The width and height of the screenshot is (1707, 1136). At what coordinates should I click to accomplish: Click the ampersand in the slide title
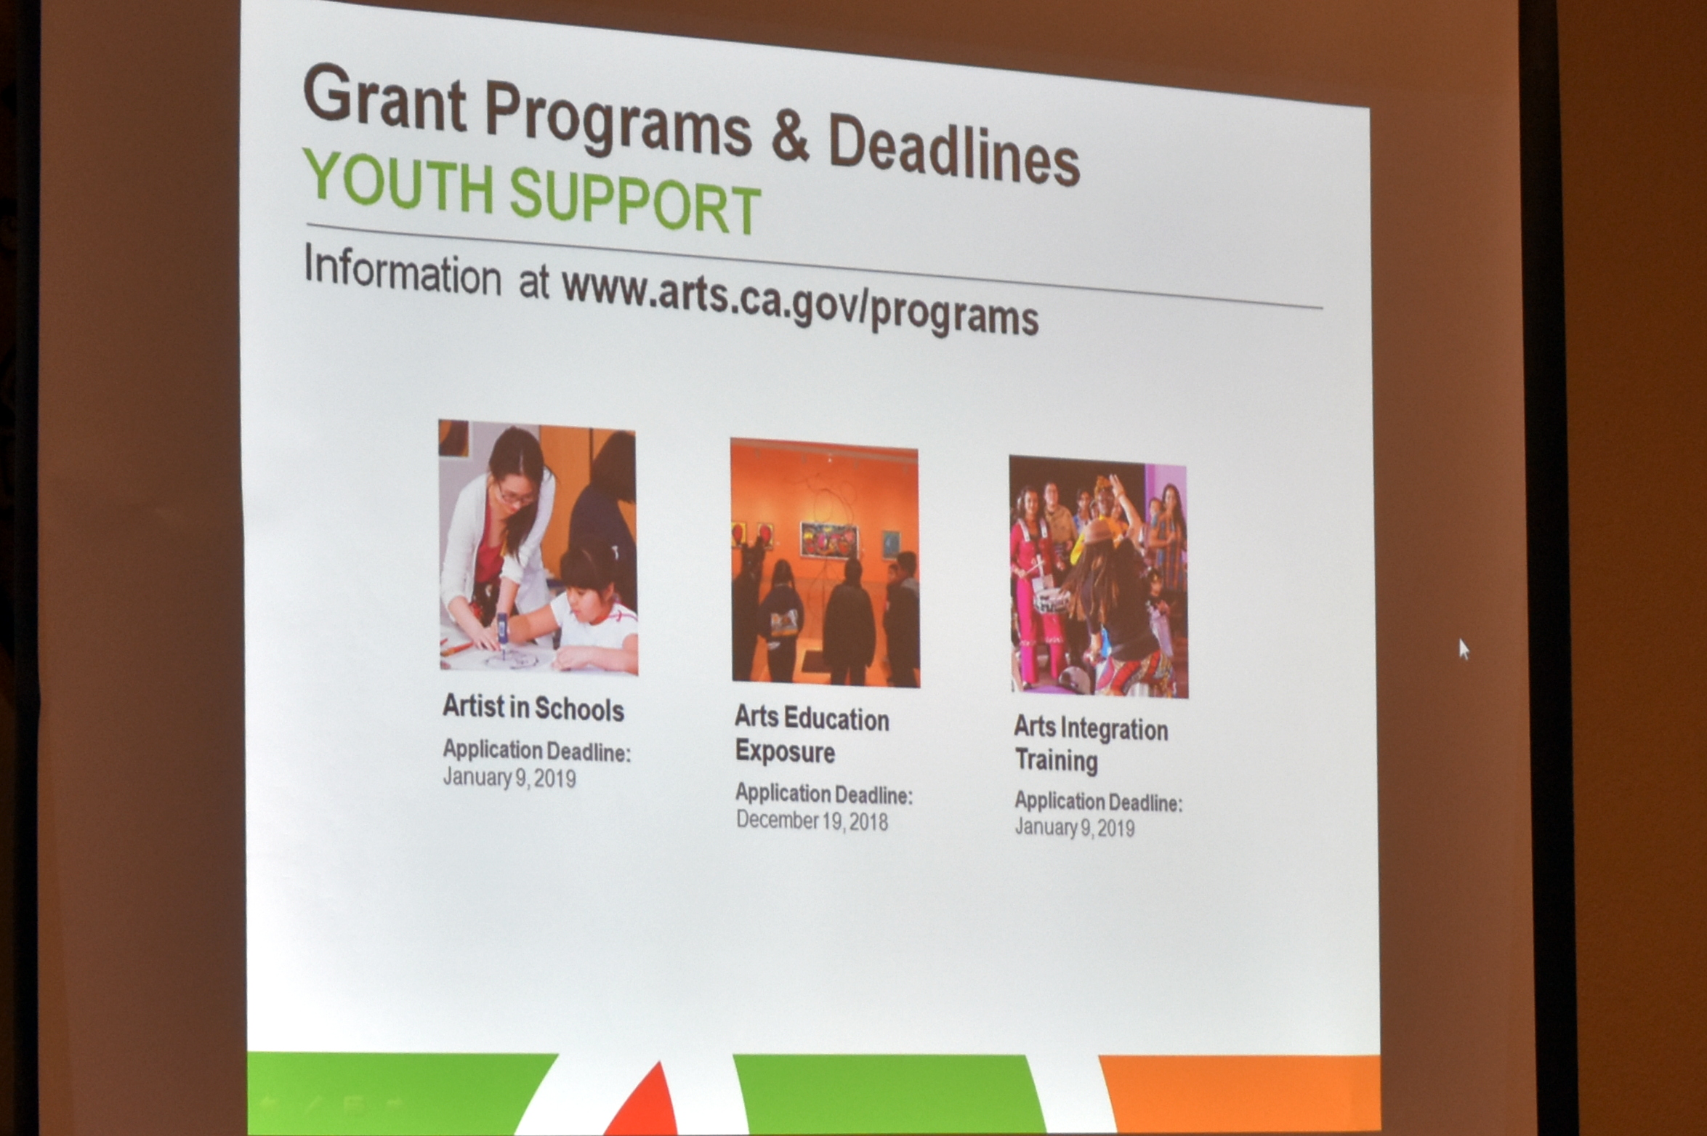tap(790, 137)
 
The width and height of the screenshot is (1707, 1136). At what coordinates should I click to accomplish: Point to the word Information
tap(403, 272)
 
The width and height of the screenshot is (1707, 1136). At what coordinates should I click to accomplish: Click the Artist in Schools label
tap(533, 708)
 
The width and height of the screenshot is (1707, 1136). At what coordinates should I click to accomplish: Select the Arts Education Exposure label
tap(812, 734)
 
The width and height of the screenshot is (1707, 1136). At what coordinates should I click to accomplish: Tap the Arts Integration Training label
tap(1091, 744)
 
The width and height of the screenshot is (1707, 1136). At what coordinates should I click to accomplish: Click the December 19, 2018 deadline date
tap(812, 821)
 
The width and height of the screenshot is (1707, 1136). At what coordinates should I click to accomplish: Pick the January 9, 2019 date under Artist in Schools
tap(509, 777)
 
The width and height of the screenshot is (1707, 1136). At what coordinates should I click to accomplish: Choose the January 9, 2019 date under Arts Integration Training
tap(1074, 827)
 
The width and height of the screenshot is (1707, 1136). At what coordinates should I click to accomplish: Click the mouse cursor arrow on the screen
tap(1464, 649)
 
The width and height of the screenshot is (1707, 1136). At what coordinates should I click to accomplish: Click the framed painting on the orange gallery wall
tap(828, 539)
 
